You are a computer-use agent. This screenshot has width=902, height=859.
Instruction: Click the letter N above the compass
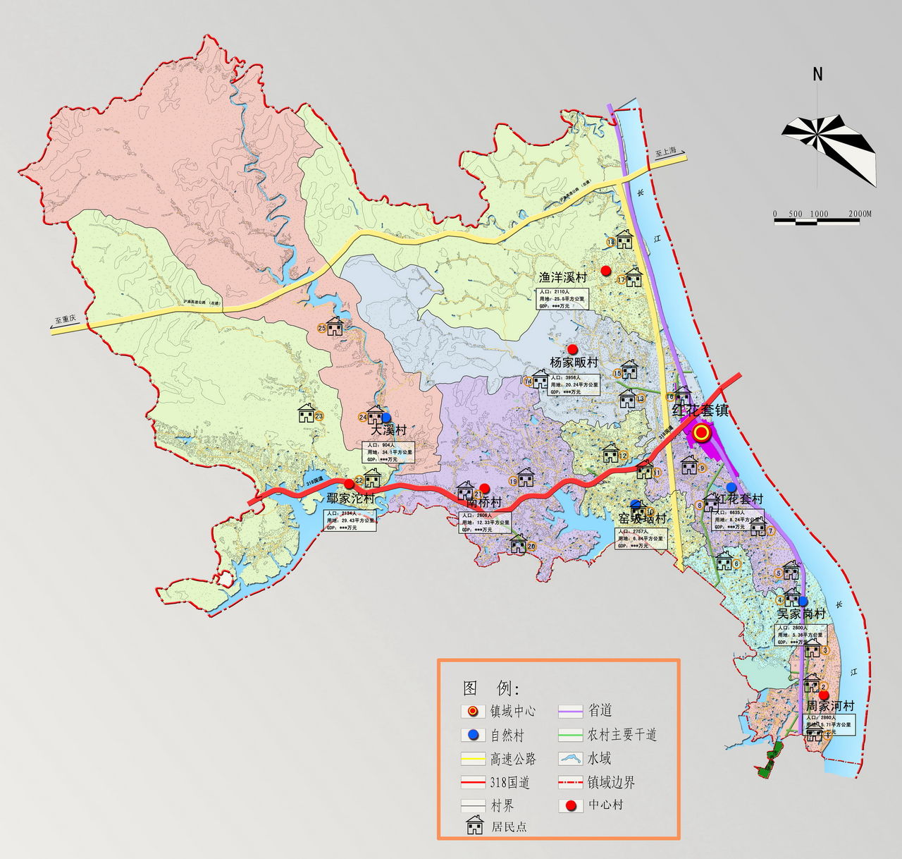(x=817, y=74)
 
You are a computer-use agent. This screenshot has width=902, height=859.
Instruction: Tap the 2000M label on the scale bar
(x=860, y=214)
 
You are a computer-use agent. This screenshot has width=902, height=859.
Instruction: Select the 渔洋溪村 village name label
(x=562, y=277)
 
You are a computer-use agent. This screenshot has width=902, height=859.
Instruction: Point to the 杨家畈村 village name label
(x=574, y=363)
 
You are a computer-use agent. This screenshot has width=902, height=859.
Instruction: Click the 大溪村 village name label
(x=389, y=430)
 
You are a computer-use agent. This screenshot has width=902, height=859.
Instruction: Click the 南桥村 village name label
(x=484, y=503)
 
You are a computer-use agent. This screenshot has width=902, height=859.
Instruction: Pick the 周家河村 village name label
(x=830, y=706)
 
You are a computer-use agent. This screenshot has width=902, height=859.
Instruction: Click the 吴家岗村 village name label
(x=801, y=614)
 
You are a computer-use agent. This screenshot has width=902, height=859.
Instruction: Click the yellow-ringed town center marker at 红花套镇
(x=701, y=433)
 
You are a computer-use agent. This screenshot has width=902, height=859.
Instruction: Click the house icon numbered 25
(x=335, y=326)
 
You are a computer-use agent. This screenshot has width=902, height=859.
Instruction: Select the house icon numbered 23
(x=306, y=413)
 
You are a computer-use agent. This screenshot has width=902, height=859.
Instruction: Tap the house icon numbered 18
(x=624, y=239)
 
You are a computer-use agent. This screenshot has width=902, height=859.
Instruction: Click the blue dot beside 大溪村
(x=385, y=418)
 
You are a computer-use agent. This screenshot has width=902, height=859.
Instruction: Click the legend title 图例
(x=490, y=688)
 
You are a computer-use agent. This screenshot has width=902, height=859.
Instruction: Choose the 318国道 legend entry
(x=509, y=782)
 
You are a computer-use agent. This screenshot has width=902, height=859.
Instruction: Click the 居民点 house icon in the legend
(x=475, y=825)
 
